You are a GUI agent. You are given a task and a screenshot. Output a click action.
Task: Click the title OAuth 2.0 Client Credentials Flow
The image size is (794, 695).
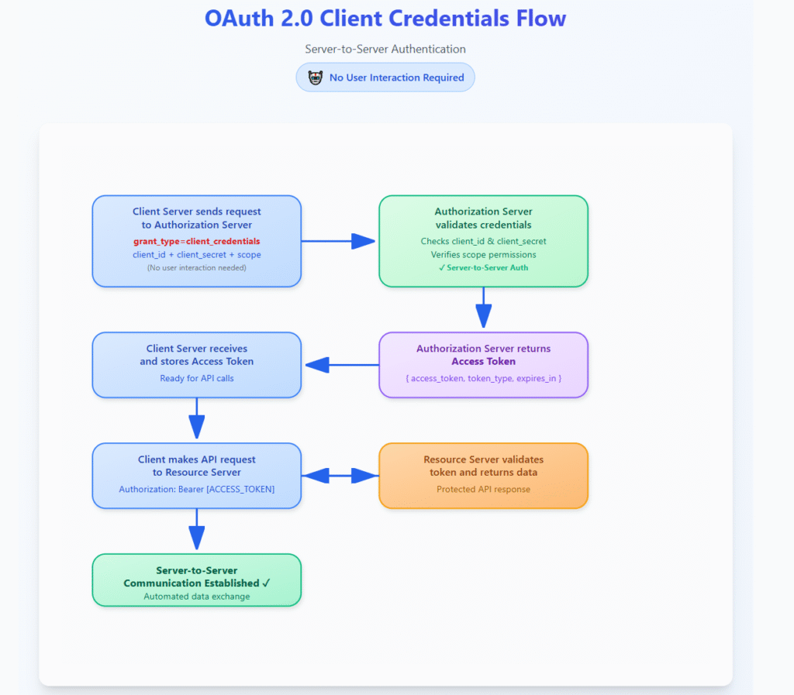pyautogui.click(x=385, y=19)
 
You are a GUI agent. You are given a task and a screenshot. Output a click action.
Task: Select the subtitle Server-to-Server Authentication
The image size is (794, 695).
pyautogui.click(x=385, y=49)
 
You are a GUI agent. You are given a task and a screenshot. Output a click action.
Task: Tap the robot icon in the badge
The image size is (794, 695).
pyautogui.click(x=315, y=77)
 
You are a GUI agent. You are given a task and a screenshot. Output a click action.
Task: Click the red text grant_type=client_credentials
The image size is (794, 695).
pyautogui.click(x=196, y=242)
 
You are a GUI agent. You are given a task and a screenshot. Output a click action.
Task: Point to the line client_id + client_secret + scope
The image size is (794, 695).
pyautogui.click(x=196, y=255)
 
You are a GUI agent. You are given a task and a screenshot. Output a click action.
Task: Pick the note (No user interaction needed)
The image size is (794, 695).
pyautogui.click(x=196, y=268)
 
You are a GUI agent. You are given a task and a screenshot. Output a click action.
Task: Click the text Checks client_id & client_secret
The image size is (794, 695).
pyautogui.click(x=483, y=242)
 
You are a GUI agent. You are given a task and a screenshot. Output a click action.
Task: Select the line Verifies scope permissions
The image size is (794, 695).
pyautogui.click(x=483, y=255)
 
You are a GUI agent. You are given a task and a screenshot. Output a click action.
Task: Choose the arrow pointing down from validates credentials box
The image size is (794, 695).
pyautogui.click(x=483, y=308)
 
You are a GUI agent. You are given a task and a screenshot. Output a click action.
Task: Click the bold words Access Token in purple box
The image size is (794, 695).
pyautogui.click(x=483, y=362)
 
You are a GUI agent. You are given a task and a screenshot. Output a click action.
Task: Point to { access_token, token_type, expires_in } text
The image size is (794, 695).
pyautogui.click(x=483, y=379)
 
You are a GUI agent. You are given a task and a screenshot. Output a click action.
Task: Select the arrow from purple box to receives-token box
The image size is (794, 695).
pyautogui.click(x=340, y=365)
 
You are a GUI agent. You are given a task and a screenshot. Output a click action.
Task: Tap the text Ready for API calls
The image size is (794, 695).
pyautogui.click(x=196, y=379)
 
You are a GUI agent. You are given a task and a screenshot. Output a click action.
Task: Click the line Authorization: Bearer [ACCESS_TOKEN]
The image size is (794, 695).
pyautogui.click(x=196, y=490)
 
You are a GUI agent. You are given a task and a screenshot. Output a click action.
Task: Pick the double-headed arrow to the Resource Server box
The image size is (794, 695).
pyautogui.click(x=340, y=476)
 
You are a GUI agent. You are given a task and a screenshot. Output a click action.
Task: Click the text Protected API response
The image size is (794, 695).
pyautogui.click(x=483, y=490)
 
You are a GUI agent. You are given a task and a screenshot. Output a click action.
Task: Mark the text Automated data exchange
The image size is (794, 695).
pyautogui.click(x=196, y=597)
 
